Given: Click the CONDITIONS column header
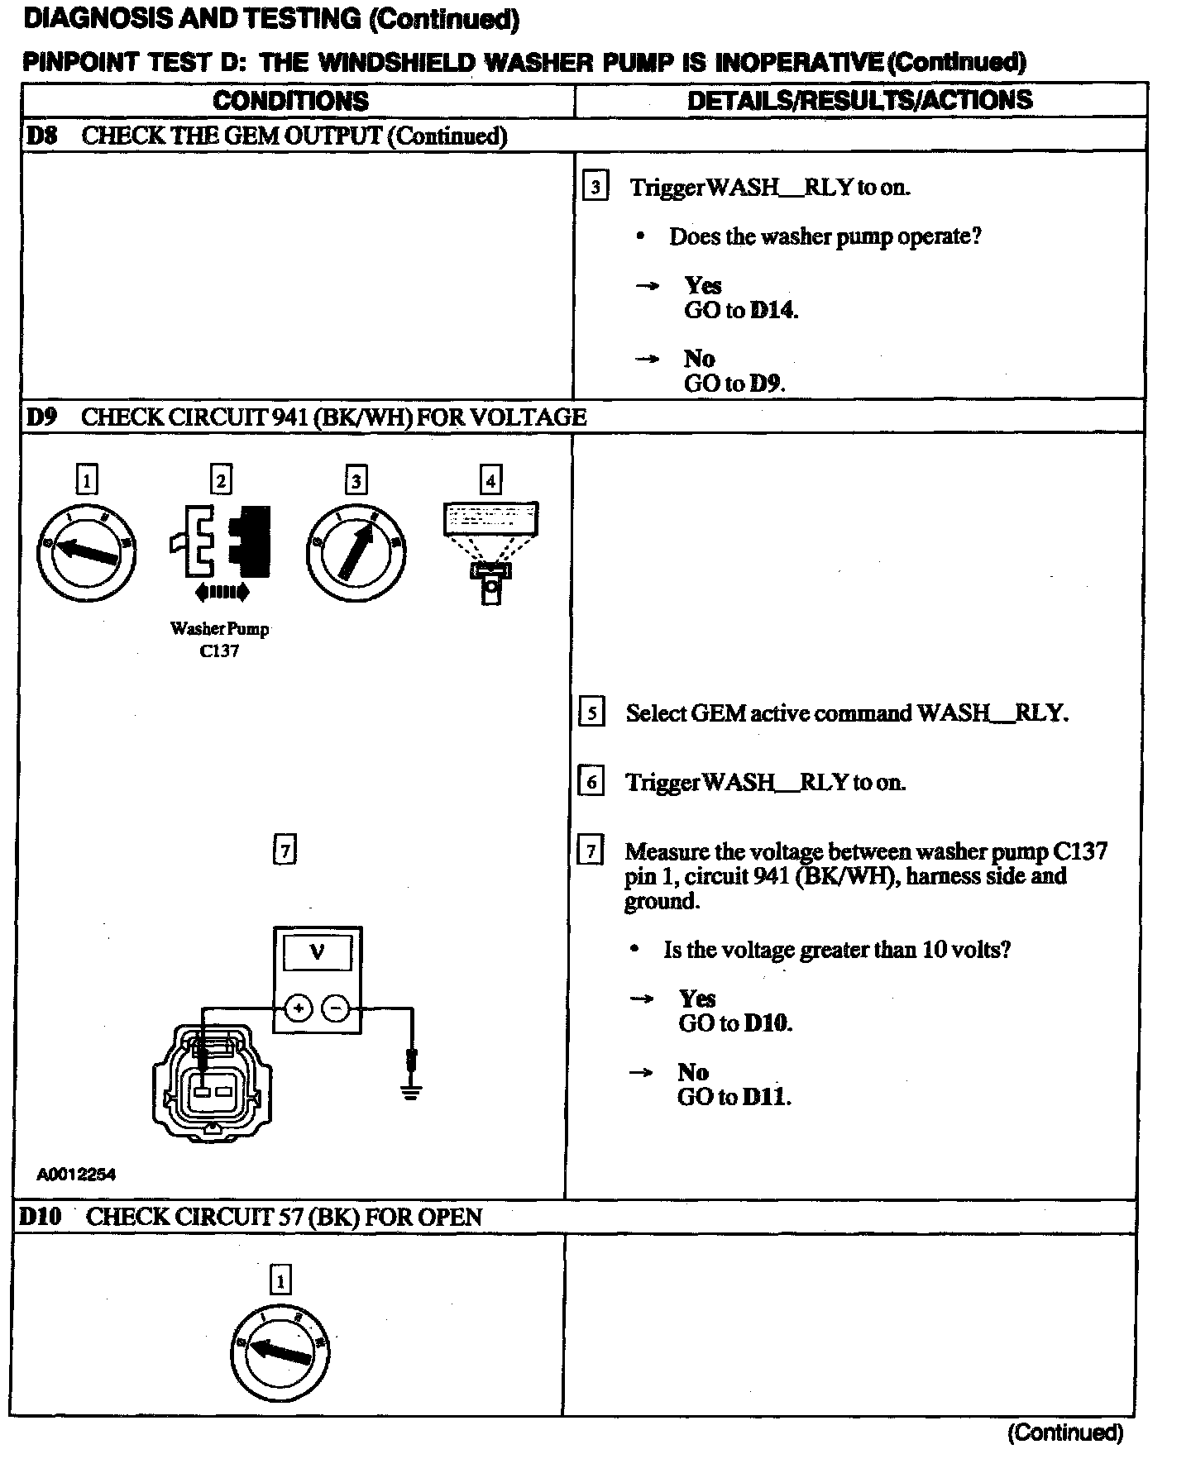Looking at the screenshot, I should (x=290, y=101).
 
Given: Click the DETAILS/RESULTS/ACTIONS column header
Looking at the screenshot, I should (x=859, y=100).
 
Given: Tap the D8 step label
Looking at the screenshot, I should (x=42, y=136).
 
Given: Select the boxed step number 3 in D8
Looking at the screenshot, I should (x=595, y=187).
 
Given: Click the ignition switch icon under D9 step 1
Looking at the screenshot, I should (x=86, y=551).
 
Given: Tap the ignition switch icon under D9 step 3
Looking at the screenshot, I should (x=356, y=551).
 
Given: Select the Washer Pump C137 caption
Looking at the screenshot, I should (x=220, y=639).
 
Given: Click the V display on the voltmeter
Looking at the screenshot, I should (x=317, y=953).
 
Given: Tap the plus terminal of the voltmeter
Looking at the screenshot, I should (x=299, y=1008).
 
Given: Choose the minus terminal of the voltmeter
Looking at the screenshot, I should (x=335, y=1008).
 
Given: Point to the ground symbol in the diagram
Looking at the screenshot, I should (x=411, y=1090).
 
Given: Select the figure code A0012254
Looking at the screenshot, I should (x=76, y=1175).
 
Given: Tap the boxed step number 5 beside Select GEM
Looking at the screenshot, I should (x=591, y=713).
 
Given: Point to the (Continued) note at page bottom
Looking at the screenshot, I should (x=1064, y=1432).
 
